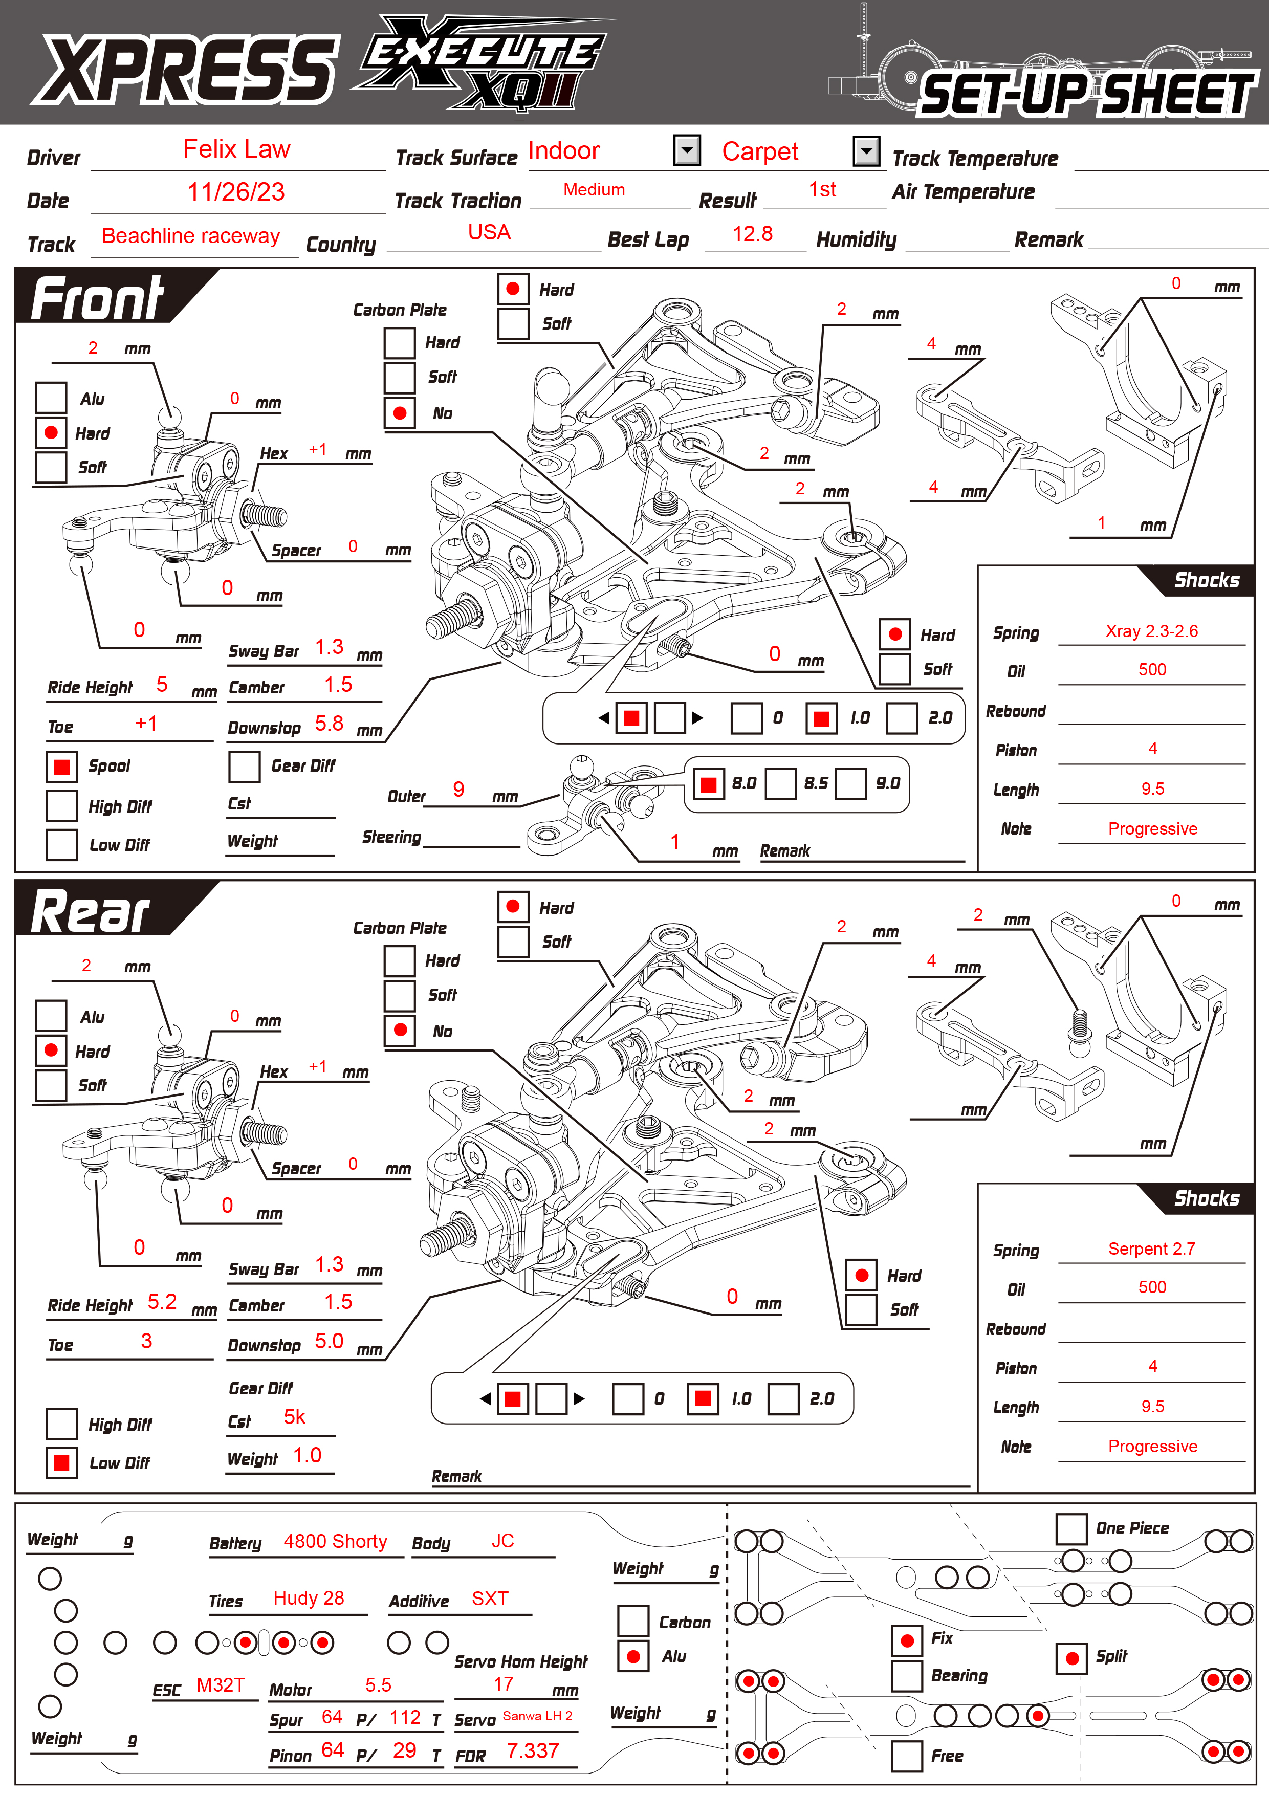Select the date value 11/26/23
pos(236,192)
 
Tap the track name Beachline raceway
pos(191,236)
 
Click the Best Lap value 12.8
pos(752,234)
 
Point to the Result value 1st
pos(822,190)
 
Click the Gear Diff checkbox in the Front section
pos(244,767)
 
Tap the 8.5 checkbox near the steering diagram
pos(780,783)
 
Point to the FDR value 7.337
pos(533,1751)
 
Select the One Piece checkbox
pos(1071,1528)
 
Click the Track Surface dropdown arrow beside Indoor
pos(687,150)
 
